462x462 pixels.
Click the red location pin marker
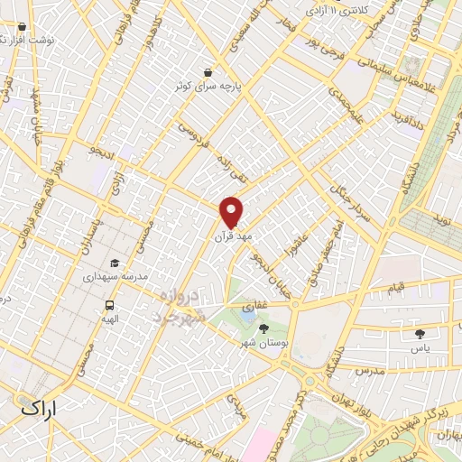coord(232,211)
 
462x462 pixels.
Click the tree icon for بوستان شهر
coord(263,328)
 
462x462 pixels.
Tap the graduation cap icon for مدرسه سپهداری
coord(114,262)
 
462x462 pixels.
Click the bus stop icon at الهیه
coord(110,305)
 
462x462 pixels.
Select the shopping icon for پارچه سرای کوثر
coord(209,73)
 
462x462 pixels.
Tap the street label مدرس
coord(369,371)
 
